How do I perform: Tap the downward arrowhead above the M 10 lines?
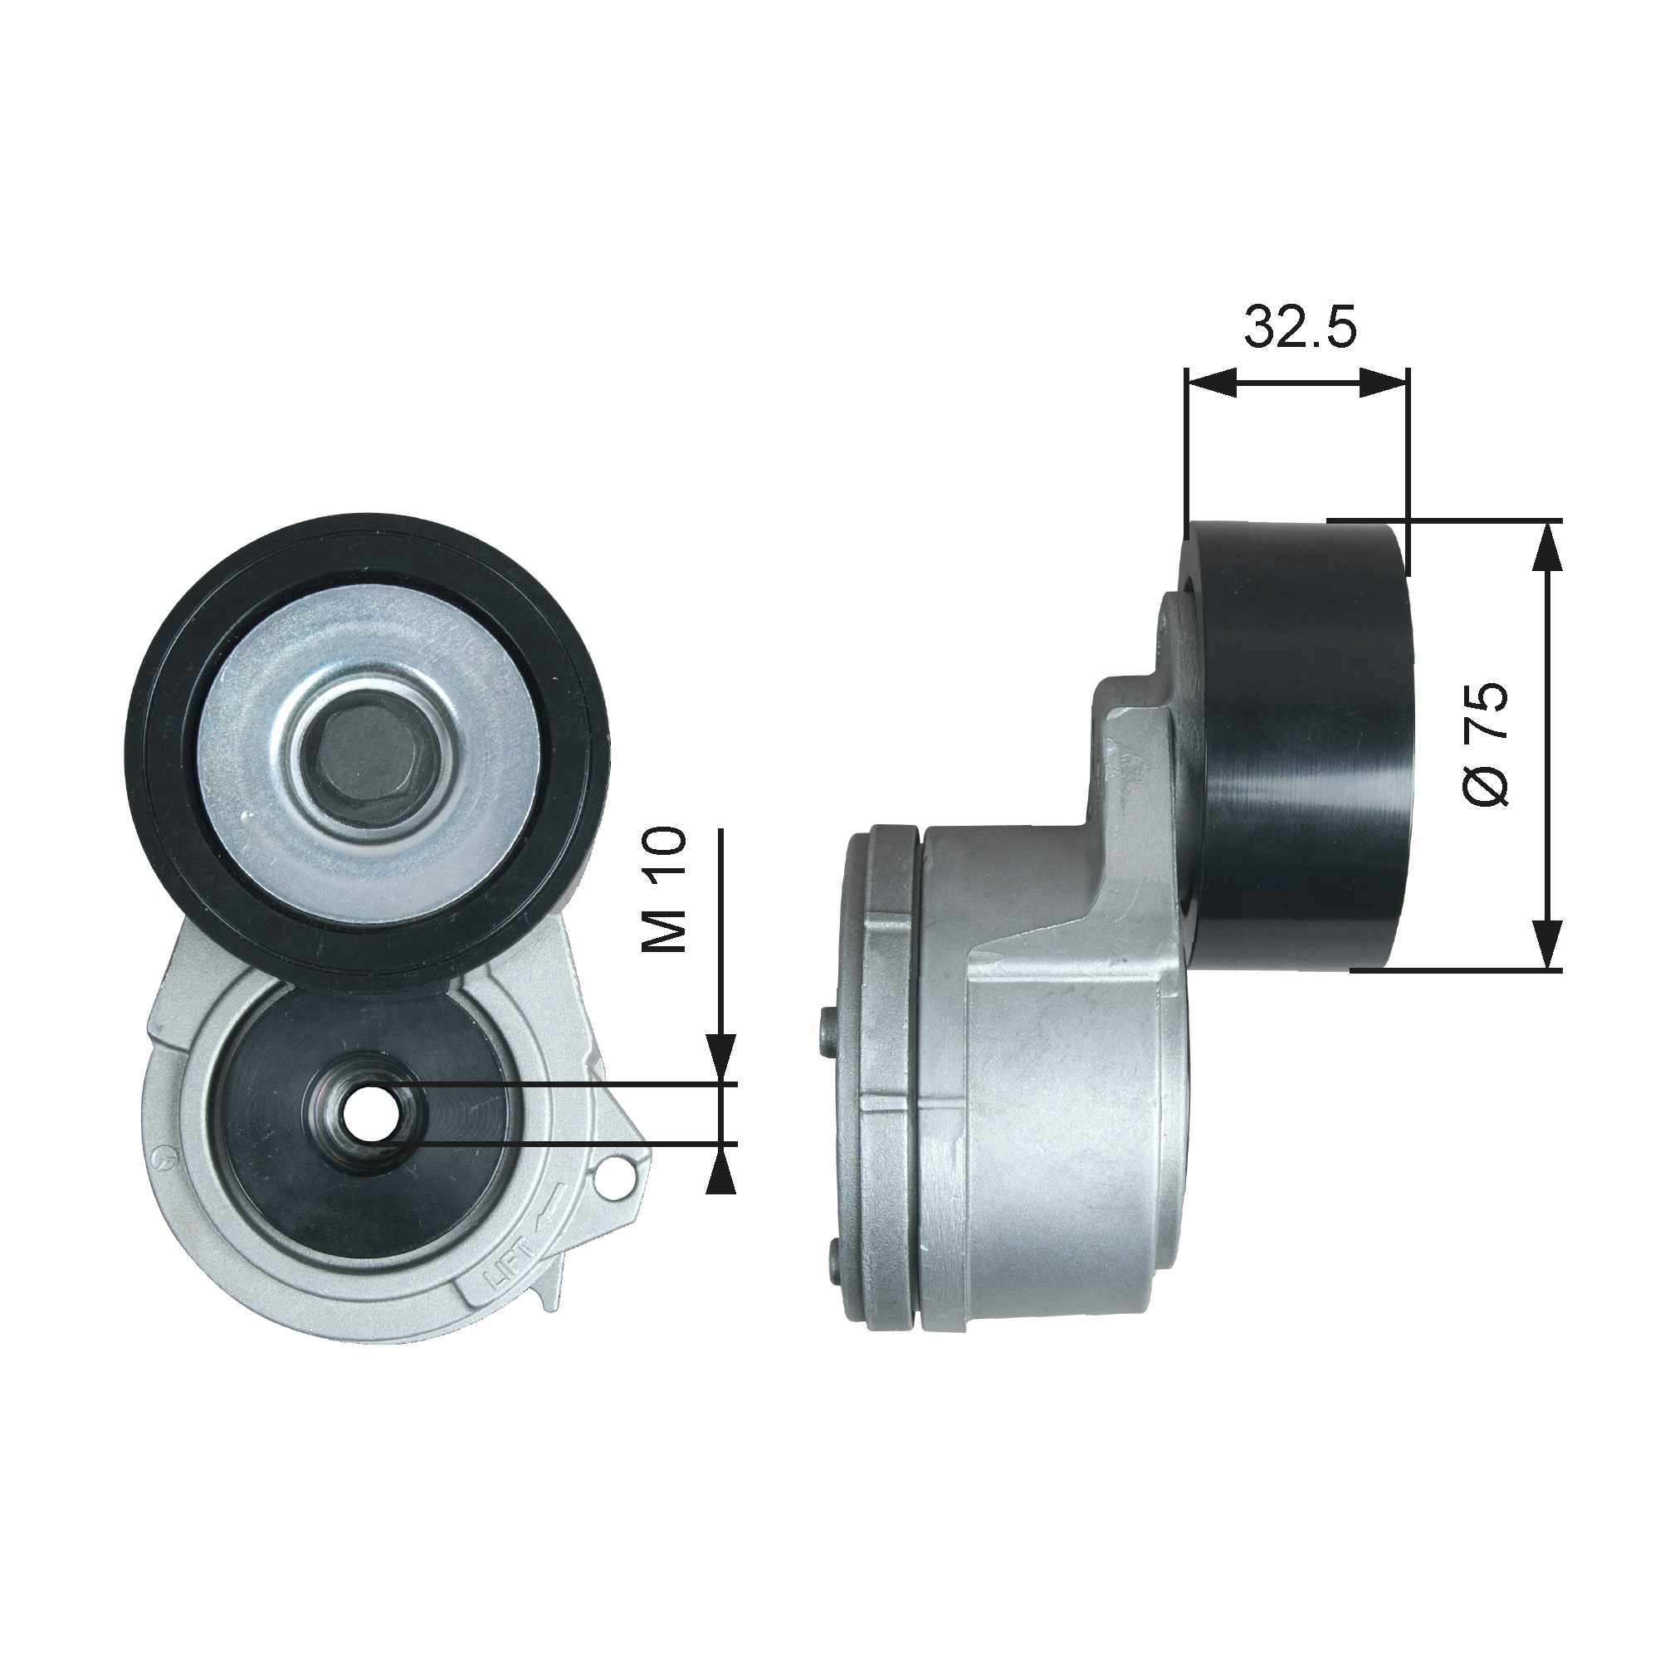click(x=721, y=1057)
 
